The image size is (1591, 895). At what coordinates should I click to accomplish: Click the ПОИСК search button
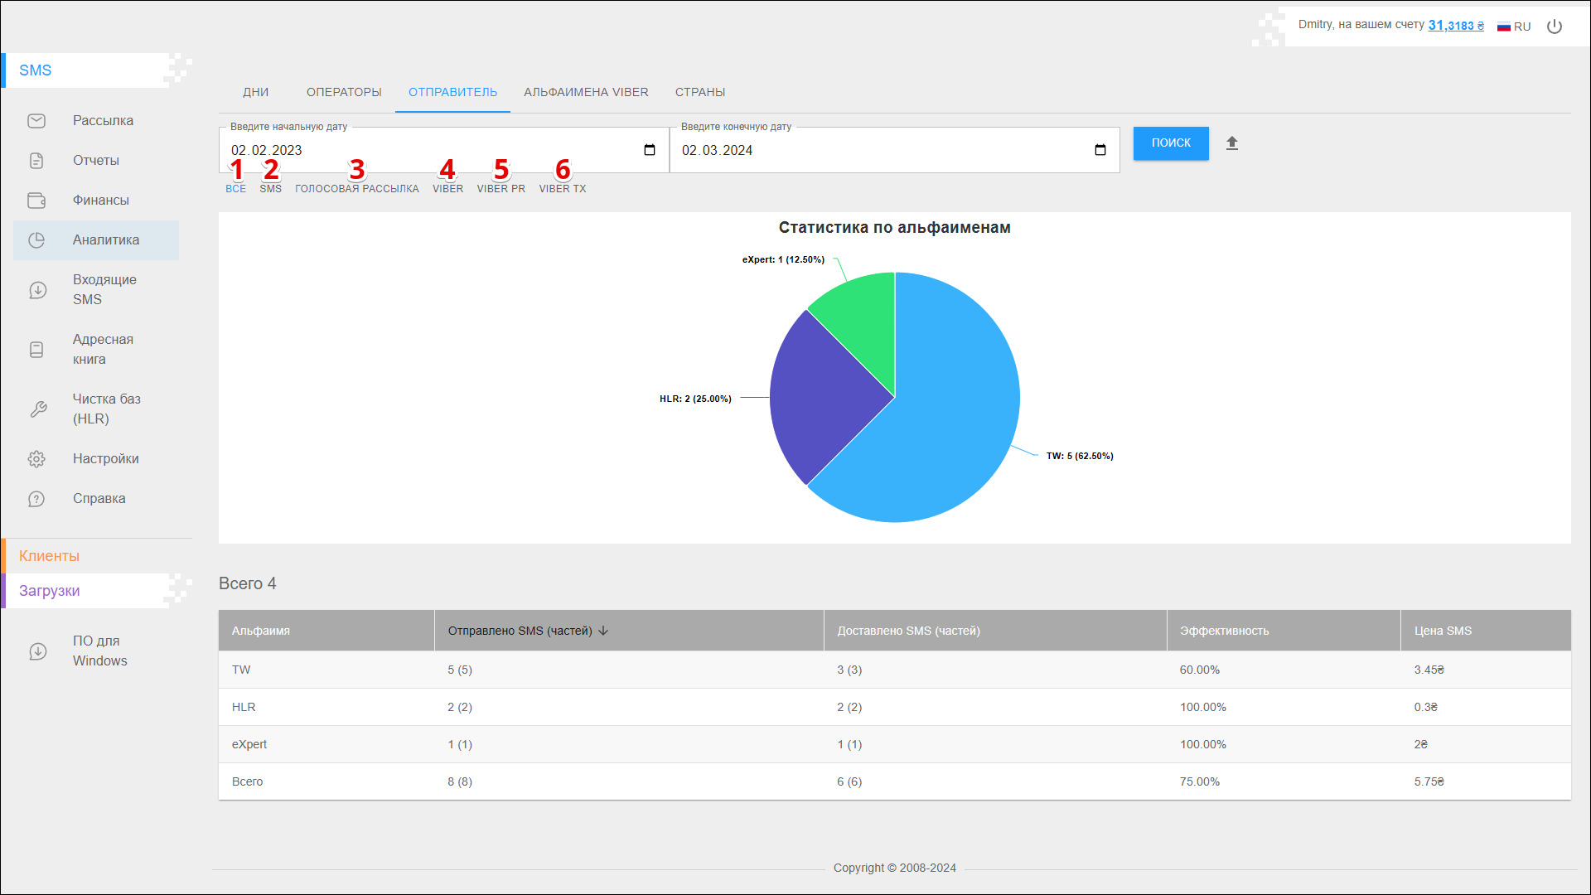click(1170, 143)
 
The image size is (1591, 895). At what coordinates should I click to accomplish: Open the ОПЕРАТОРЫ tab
click(344, 92)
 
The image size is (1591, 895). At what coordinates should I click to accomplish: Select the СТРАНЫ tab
click(699, 92)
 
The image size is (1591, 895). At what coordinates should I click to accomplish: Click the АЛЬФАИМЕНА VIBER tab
click(586, 92)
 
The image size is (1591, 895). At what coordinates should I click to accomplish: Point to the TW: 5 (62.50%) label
click(1079, 456)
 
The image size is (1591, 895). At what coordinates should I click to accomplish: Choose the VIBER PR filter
click(501, 189)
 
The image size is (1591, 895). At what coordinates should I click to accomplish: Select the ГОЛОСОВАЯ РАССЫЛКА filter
click(357, 189)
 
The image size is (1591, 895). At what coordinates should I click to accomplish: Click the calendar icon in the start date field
click(650, 150)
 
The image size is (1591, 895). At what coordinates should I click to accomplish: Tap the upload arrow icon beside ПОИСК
click(1232, 143)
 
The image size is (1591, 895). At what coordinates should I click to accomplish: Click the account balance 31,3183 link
click(1455, 26)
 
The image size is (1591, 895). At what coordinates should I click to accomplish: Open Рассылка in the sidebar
click(103, 121)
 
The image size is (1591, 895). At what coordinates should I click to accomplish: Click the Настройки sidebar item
click(105, 459)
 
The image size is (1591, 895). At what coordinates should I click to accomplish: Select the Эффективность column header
click(1224, 631)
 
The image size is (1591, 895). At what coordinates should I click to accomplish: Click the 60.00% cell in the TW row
click(1199, 670)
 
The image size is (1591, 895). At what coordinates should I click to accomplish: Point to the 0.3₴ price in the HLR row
click(1425, 707)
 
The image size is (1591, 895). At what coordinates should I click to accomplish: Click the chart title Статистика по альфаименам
click(894, 228)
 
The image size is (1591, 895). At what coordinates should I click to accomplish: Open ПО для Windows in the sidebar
click(99, 651)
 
